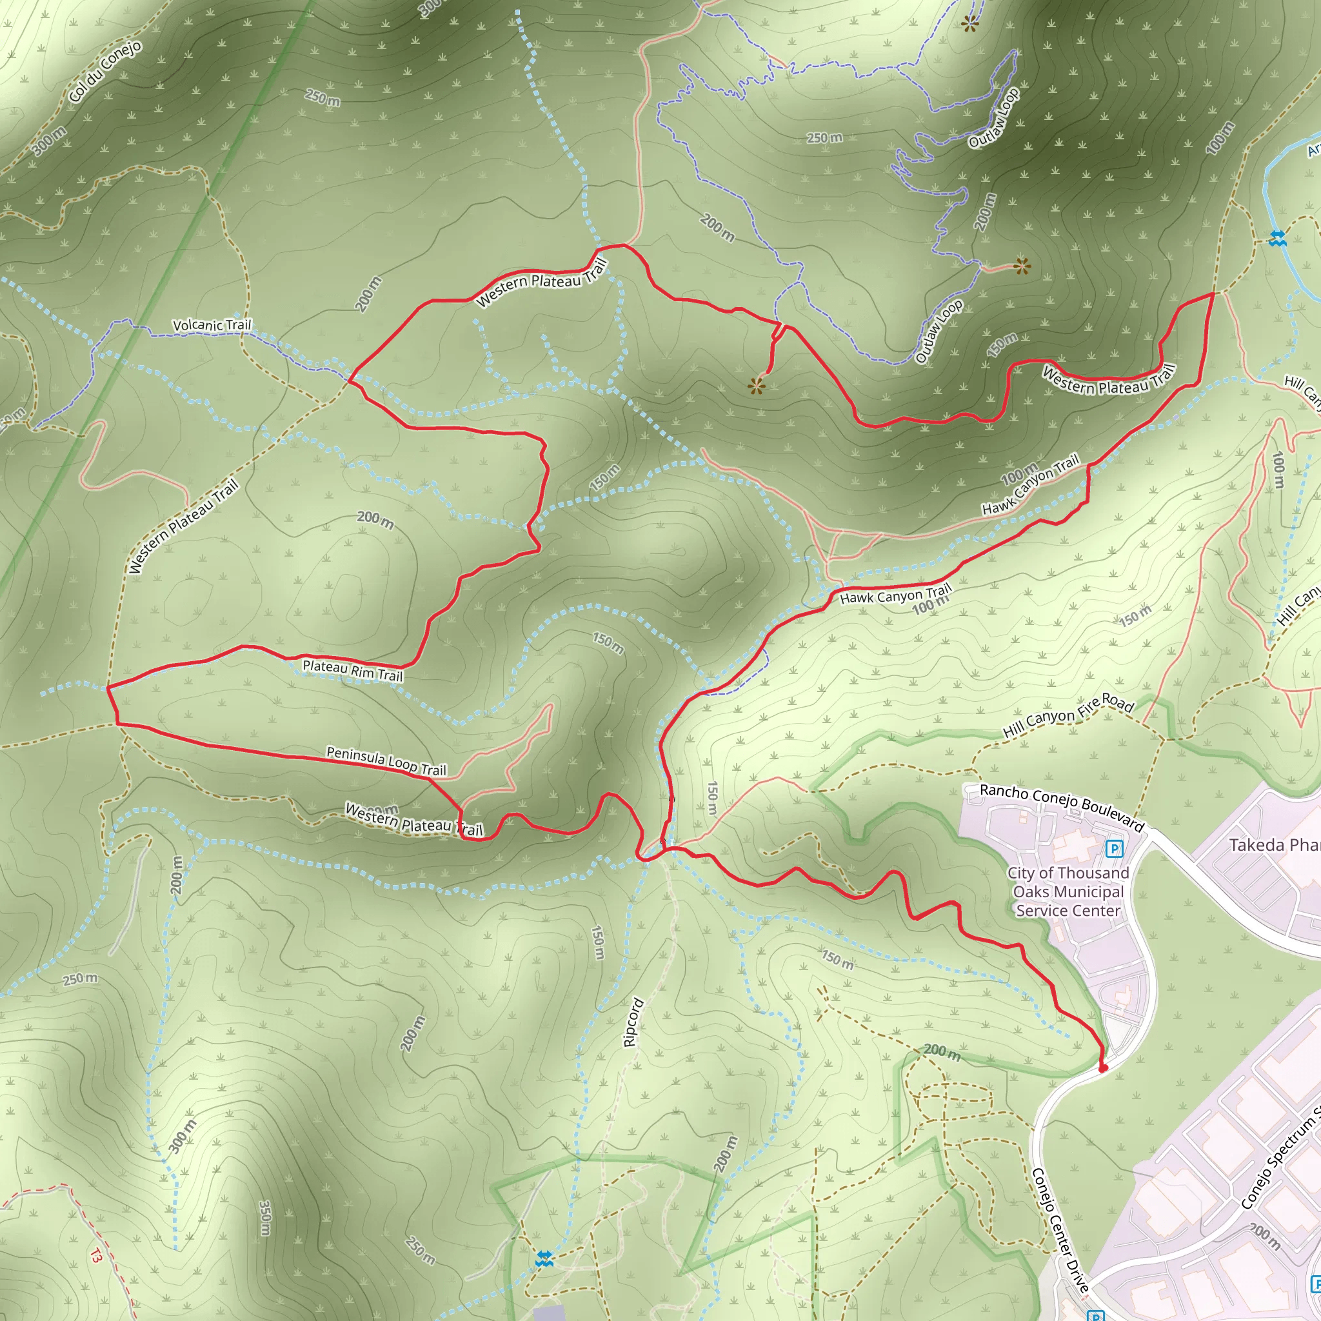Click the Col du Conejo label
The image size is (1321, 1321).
106,71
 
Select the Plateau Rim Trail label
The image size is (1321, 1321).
352,670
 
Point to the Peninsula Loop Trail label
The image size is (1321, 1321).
386,760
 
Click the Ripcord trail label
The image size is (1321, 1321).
633,1022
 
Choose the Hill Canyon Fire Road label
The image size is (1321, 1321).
1068,715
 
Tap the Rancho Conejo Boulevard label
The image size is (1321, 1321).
1061,807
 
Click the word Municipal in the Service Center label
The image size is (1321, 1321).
1068,891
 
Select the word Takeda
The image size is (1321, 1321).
1256,845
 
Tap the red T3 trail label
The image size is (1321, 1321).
95,1256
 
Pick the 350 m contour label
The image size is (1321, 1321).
265,1218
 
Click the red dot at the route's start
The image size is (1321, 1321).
1102,1068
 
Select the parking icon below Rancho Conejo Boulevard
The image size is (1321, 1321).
1115,849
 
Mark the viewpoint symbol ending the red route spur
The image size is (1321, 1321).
755,386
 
